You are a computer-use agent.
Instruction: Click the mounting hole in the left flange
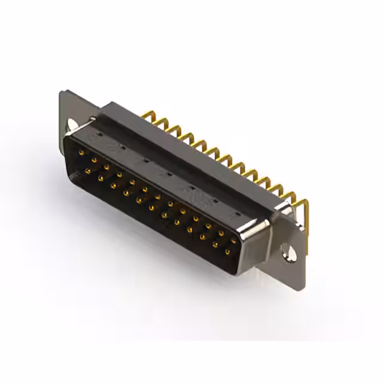click(72, 124)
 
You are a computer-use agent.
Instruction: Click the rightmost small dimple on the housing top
click(238, 213)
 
